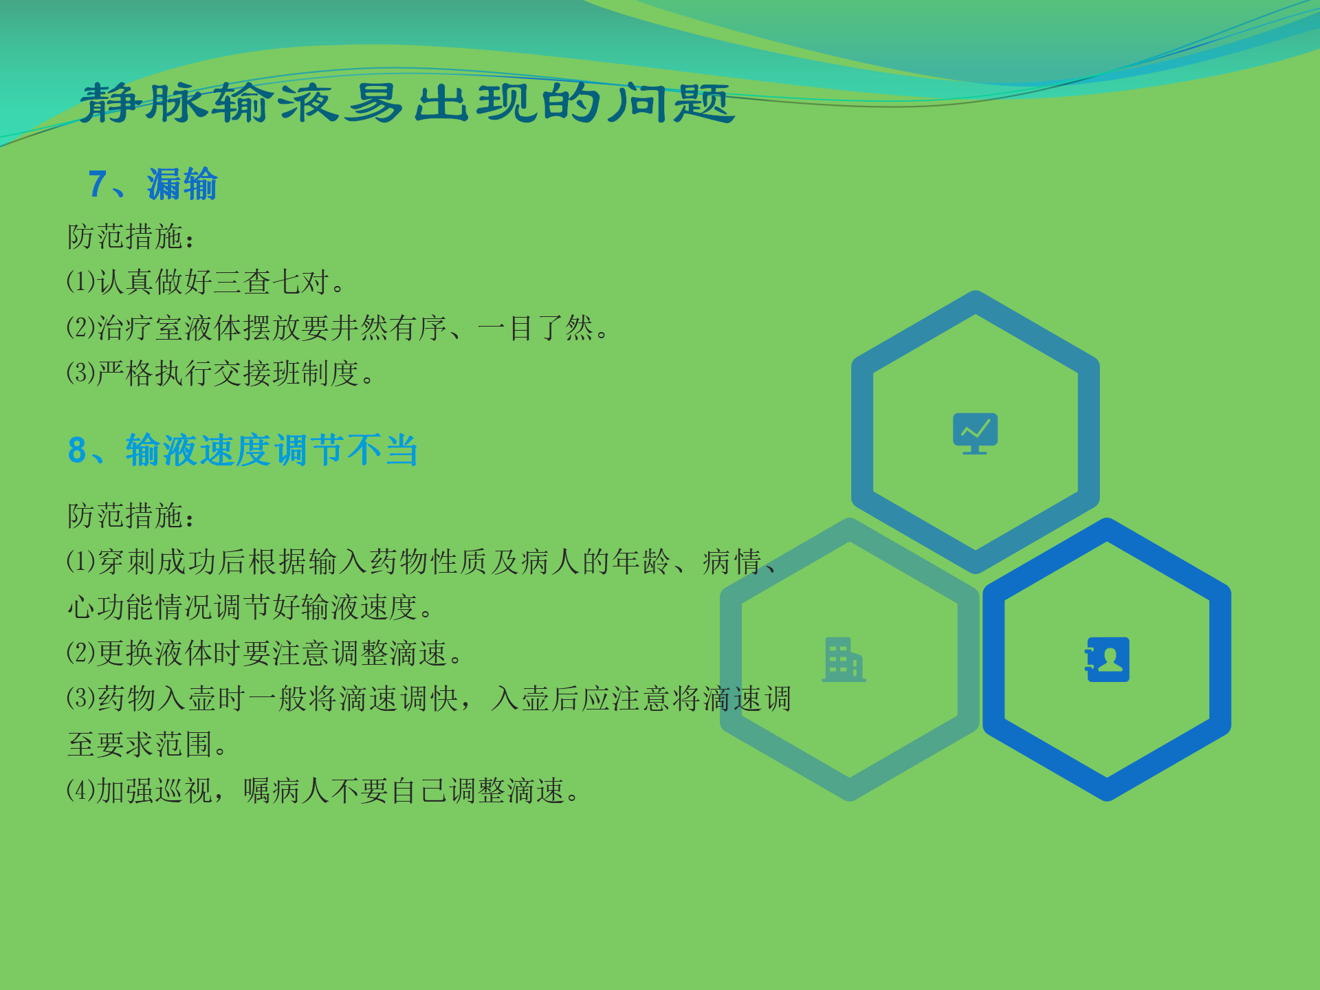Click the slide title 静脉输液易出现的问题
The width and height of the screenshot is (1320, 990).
407,103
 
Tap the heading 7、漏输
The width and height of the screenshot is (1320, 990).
153,184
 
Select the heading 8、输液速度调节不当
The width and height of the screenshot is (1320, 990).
243,450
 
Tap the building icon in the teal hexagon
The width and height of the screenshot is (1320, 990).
844,660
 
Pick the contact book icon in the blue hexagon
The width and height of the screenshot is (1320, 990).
1107,659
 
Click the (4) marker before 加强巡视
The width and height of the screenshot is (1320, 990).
80,791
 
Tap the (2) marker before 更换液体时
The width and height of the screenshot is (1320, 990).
80,653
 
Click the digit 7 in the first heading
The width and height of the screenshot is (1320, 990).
97,184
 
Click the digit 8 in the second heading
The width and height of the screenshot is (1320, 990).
77,450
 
